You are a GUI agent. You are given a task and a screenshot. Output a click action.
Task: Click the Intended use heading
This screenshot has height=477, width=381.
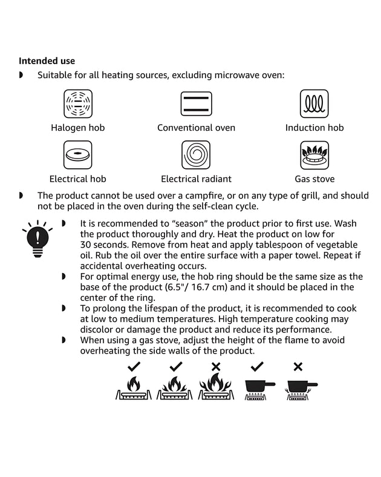coord(47,61)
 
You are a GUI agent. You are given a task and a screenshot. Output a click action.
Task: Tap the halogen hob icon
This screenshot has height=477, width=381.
coord(78,104)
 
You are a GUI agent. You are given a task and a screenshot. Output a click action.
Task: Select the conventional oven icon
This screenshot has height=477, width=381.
coord(196,104)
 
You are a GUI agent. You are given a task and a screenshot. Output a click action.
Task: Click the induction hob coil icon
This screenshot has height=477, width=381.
coord(314,104)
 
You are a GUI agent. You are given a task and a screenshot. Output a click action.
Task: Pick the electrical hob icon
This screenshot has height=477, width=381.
coord(78,155)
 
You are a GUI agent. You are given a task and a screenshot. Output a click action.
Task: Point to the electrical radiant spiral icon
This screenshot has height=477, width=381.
coord(196,155)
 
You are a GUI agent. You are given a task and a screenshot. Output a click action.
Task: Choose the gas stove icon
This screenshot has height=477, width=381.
coord(314,155)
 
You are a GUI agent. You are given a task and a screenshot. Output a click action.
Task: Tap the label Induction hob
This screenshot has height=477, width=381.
coord(314,128)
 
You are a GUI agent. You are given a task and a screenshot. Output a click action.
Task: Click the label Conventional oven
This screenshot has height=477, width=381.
coord(196,128)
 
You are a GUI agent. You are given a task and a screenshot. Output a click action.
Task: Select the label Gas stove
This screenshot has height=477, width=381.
coord(314,179)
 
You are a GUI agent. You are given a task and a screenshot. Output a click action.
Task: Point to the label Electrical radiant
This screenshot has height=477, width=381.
coord(196,179)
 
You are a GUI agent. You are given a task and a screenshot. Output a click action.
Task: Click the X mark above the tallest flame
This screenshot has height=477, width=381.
coord(215,366)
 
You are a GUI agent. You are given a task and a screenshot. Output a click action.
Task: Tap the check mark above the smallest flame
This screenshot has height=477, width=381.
coord(134,366)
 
